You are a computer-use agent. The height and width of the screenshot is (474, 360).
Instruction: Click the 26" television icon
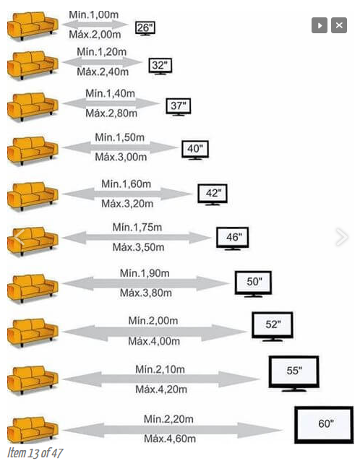tap(145, 29)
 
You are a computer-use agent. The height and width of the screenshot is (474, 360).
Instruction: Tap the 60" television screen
tap(324, 425)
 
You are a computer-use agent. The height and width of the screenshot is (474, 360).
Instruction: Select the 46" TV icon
tap(233, 238)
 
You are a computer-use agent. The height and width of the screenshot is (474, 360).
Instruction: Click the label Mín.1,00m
tap(94, 14)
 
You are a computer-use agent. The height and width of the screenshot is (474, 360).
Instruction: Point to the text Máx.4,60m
tap(170, 439)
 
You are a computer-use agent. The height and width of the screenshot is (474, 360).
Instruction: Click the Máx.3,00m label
tap(121, 157)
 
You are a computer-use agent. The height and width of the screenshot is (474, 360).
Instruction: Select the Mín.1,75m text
tap(137, 228)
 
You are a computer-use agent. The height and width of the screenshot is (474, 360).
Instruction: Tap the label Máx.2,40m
tap(103, 72)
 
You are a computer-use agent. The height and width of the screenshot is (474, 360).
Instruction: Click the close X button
tap(339, 25)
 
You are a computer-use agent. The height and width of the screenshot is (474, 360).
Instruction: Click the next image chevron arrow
tap(342, 237)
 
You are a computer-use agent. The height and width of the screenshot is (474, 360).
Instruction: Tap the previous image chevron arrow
tap(19, 237)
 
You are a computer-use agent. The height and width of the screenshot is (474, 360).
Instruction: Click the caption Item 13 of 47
tap(35, 453)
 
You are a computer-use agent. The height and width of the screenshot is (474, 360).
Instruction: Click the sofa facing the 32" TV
tap(33, 65)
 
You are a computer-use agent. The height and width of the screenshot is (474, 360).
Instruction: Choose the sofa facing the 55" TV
tap(33, 380)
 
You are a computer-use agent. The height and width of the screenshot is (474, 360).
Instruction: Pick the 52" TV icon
tap(273, 327)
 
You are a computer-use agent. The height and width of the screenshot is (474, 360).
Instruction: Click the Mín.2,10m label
tap(160, 369)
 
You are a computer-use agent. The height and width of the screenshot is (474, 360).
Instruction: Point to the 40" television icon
tap(195, 150)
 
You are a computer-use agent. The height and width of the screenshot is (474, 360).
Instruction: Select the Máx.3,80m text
tap(146, 293)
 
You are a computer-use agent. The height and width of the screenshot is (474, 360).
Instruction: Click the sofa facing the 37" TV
tap(33, 107)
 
